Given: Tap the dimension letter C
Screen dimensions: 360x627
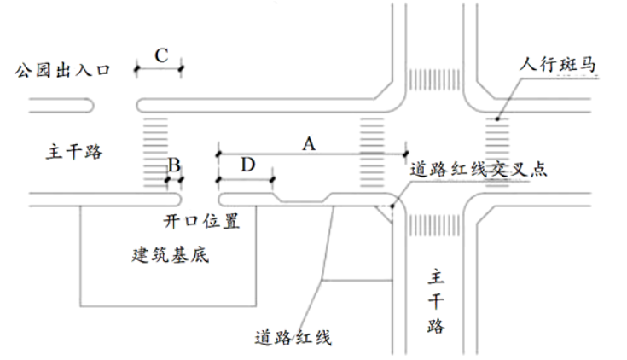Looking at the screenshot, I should (x=160, y=55).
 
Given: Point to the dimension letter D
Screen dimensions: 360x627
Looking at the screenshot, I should (x=247, y=165).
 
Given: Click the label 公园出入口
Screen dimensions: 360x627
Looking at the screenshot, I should (x=62, y=72).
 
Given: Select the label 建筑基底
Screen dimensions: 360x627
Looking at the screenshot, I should (x=170, y=254).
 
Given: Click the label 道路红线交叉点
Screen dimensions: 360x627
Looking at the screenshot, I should (x=478, y=168).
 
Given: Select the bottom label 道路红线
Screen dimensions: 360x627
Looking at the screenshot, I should (x=293, y=336).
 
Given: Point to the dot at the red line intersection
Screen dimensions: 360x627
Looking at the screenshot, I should (x=392, y=205).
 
